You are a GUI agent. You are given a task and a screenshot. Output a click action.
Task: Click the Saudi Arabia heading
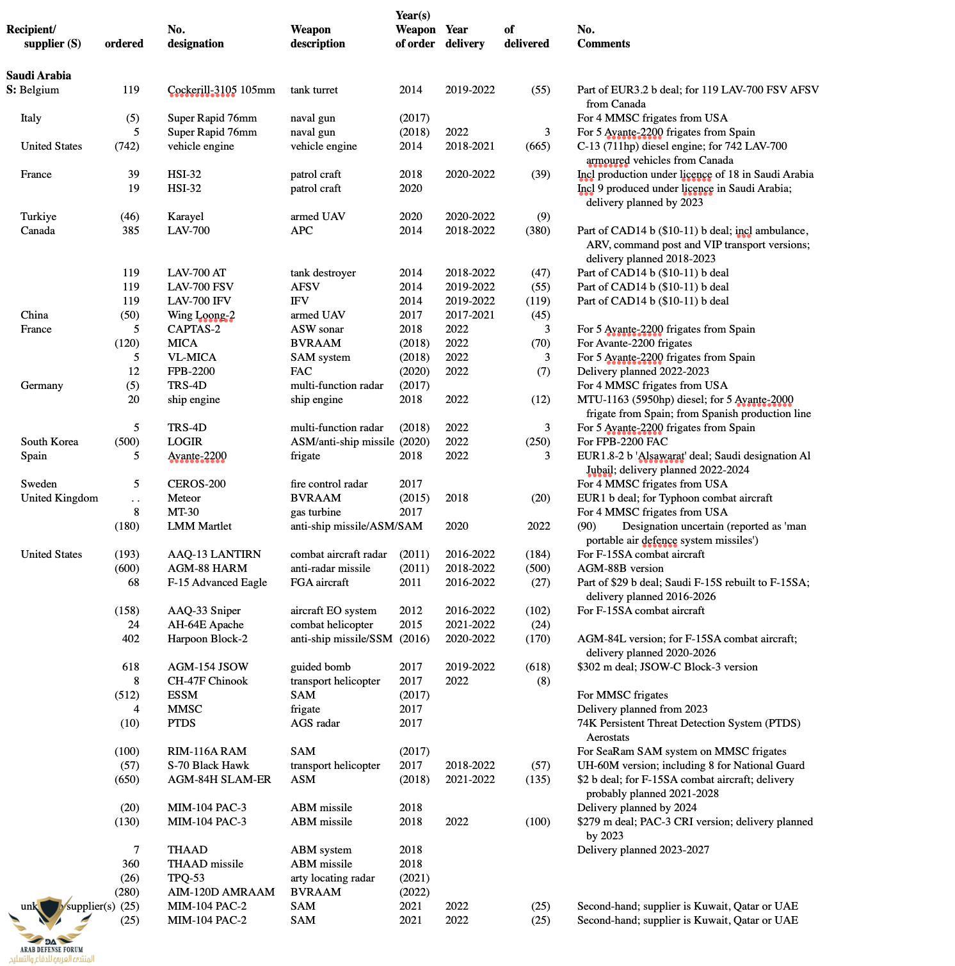(x=38, y=75)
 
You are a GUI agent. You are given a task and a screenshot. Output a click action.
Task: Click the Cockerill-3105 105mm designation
(x=221, y=90)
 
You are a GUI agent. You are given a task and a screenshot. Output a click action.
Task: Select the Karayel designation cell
(x=186, y=217)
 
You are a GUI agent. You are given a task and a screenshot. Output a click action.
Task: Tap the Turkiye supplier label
(x=38, y=217)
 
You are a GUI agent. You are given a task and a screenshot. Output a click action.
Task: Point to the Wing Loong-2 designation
(x=201, y=315)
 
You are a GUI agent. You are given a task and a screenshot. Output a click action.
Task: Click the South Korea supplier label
(x=49, y=442)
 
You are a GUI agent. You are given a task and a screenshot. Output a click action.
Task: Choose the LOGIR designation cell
(x=185, y=442)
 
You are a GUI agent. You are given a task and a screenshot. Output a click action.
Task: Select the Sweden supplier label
(x=38, y=484)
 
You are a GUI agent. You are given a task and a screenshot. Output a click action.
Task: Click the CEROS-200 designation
(x=197, y=484)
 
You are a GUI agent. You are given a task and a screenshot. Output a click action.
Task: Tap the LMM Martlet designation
(x=200, y=527)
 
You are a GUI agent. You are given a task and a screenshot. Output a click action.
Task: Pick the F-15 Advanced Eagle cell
(x=217, y=583)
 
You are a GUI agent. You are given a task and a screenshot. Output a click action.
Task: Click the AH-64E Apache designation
(x=205, y=625)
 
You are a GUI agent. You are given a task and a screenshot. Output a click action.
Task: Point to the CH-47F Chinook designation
(x=207, y=681)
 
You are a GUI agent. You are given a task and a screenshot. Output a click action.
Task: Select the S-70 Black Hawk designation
(x=208, y=766)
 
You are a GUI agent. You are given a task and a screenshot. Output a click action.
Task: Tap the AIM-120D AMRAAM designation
(x=221, y=892)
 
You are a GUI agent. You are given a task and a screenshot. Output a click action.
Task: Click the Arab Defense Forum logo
(x=50, y=931)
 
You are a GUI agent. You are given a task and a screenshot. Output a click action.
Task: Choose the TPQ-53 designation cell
(x=186, y=878)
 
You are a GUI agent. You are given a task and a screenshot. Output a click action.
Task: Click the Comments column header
(x=603, y=44)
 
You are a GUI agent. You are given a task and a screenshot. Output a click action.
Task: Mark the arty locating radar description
(x=332, y=878)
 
